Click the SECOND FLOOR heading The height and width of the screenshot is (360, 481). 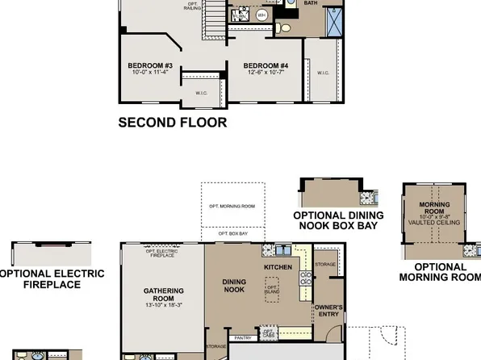[x=173, y=123]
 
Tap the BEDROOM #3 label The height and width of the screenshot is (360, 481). [x=150, y=65]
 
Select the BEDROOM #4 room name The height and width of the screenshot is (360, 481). [x=266, y=65]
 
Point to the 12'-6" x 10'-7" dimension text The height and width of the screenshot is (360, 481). [x=266, y=72]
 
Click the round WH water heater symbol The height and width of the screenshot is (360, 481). [x=261, y=15]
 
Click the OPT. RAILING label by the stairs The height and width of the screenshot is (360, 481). [x=192, y=6]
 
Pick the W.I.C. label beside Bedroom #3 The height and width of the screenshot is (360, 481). [x=202, y=93]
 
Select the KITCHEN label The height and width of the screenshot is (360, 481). [x=277, y=266]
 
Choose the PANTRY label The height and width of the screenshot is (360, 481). [x=239, y=337]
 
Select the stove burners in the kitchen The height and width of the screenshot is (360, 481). [x=306, y=279]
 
